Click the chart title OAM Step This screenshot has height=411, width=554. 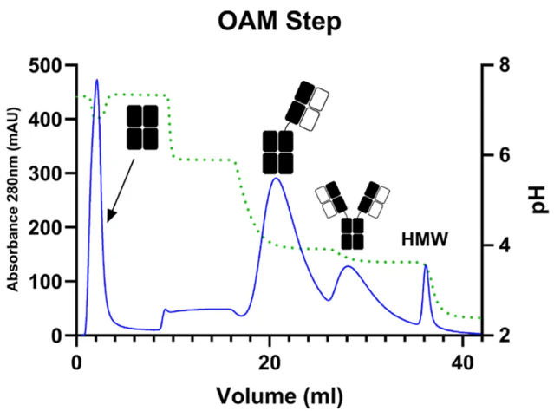279,21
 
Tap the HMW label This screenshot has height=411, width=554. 425,239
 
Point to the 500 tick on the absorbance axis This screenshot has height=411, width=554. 49,66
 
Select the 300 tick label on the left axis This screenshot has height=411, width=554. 49,173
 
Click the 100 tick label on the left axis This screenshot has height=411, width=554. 49,282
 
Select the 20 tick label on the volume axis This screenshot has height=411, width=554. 270,363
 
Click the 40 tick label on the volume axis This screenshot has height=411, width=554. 462,363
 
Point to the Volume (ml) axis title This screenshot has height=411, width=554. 279,395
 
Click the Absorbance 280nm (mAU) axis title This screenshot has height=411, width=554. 13,199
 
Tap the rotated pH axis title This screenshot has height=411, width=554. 540,200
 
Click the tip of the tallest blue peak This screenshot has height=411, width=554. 97,80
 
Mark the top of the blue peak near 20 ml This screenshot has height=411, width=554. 276,178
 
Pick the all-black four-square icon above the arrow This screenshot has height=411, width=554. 142,127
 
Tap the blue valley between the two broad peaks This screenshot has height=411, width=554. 329,300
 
